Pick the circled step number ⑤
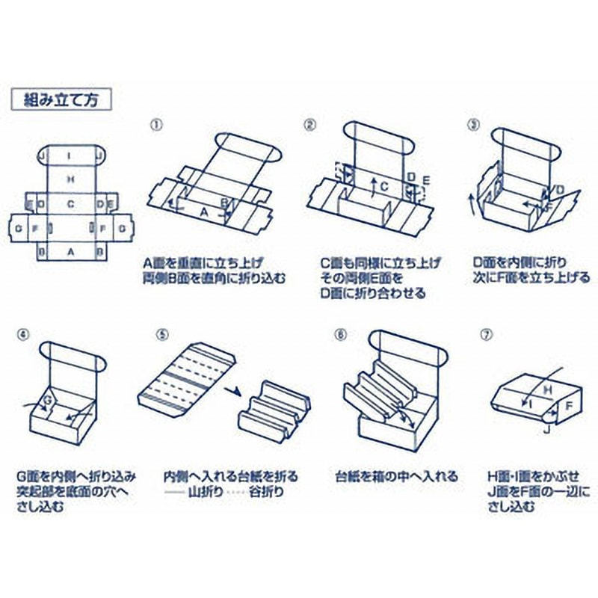[x=163, y=334]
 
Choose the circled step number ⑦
[x=487, y=334]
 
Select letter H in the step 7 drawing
[x=546, y=389]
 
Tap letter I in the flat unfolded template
[x=69, y=156]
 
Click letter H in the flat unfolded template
[x=70, y=179]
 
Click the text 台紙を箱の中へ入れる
[x=396, y=475]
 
